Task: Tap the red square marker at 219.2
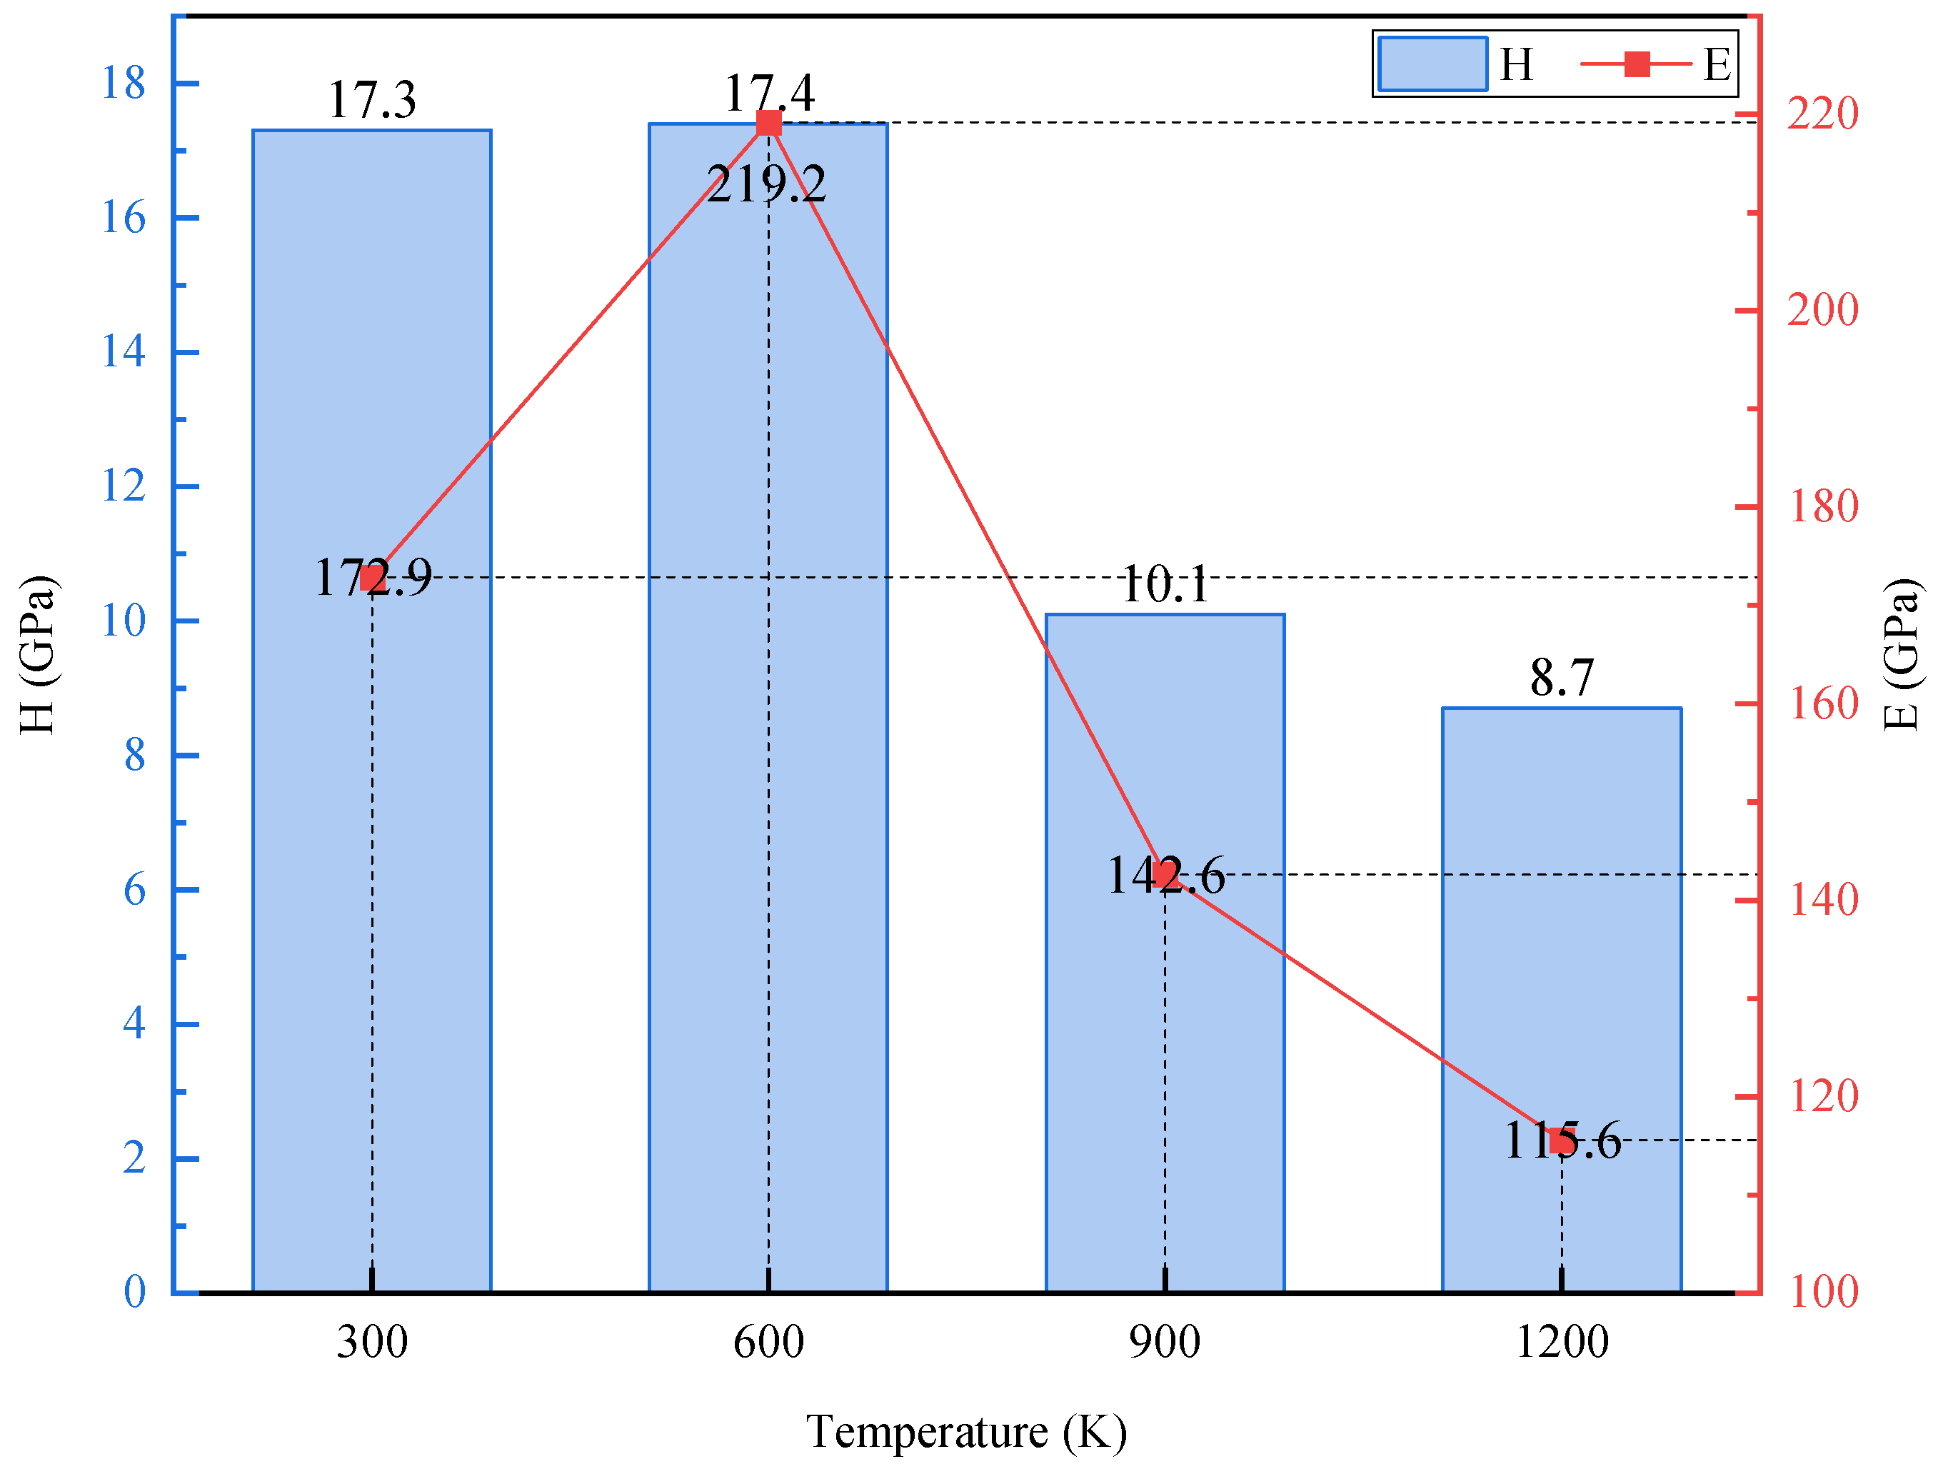click(x=768, y=123)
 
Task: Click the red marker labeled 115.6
click(x=1561, y=1140)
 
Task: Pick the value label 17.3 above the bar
click(x=371, y=99)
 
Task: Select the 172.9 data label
click(x=373, y=577)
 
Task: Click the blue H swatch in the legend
click(x=1432, y=63)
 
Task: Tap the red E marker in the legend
click(x=1636, y=63)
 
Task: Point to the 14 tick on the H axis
click(x=123, y=352)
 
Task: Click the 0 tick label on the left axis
click(x=134, y=1291)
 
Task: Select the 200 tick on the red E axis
click(x=1822, y=310)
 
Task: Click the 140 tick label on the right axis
click(x=1822, y=901)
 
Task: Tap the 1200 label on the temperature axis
click(x=1561, y=1343)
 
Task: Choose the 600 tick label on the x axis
click(x=768, y=1343)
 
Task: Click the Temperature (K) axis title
click(x=966, y=1432)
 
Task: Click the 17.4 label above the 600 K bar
click(x=768, y=91)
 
